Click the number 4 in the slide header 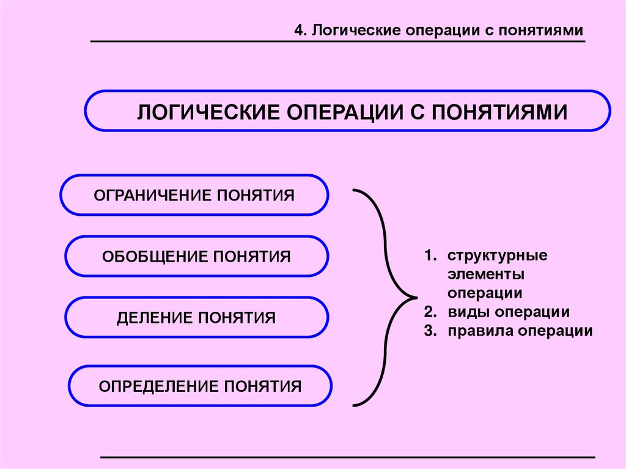click(x=298, y=31)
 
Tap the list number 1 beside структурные click(x=429, y=256)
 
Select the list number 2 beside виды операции click(x=429, y=312)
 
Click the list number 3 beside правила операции click(x=429, y=331)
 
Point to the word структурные click(x=496, y=256)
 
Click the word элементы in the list click(x=485, y=274)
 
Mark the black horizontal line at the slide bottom click(x=347, y=457)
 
